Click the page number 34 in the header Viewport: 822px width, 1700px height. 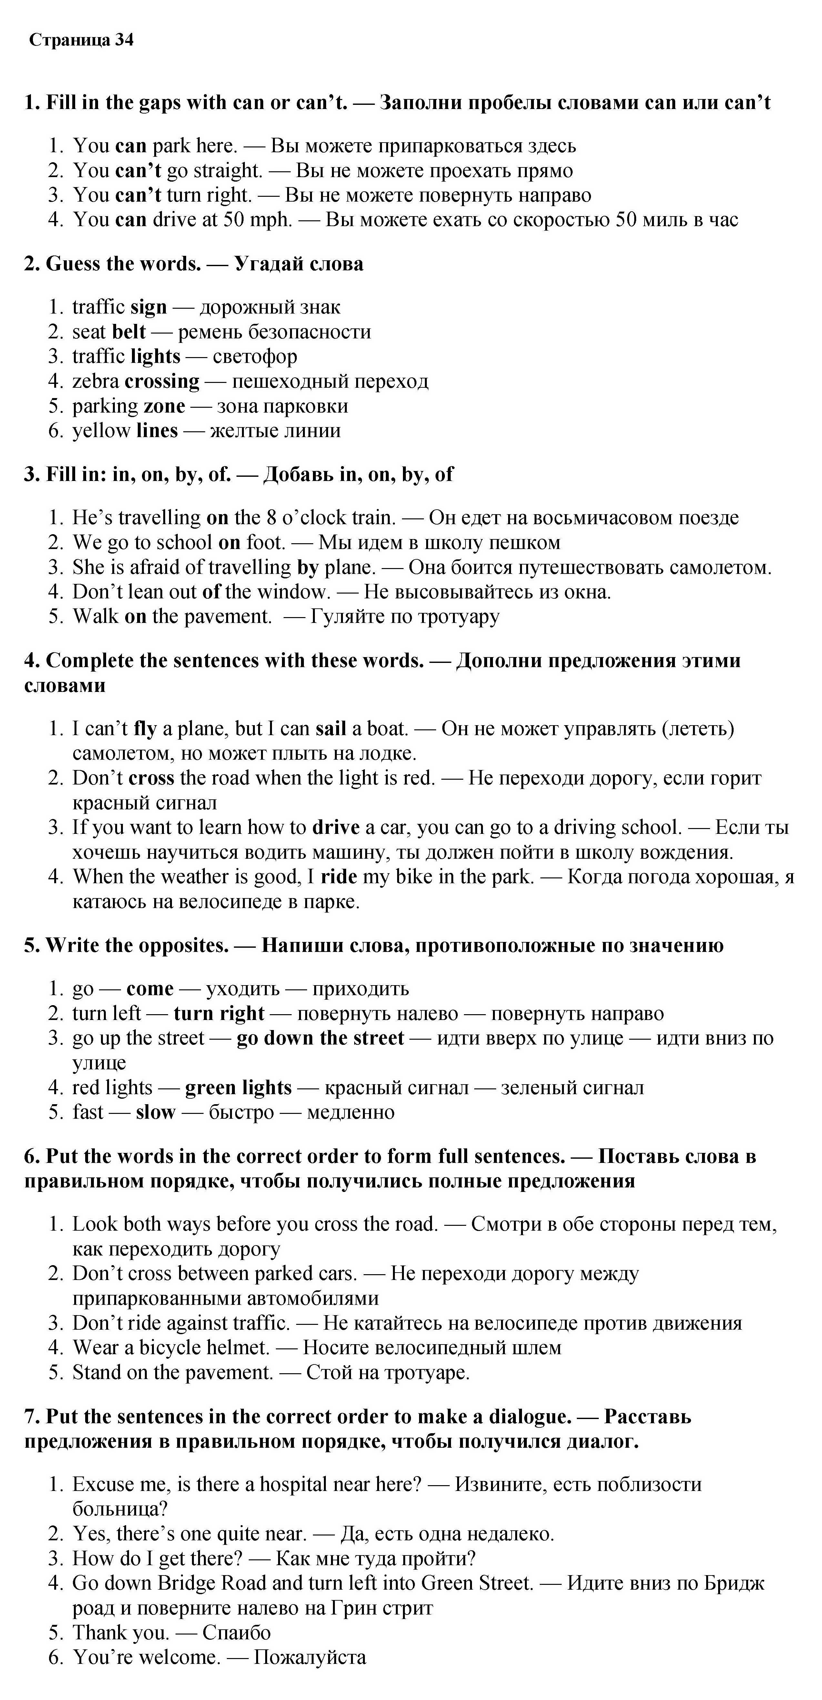(124, 40)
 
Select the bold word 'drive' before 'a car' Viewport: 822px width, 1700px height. (336, 827)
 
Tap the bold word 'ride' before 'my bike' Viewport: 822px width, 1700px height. (339, 877)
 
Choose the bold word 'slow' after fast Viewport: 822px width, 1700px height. (155, 1113)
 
